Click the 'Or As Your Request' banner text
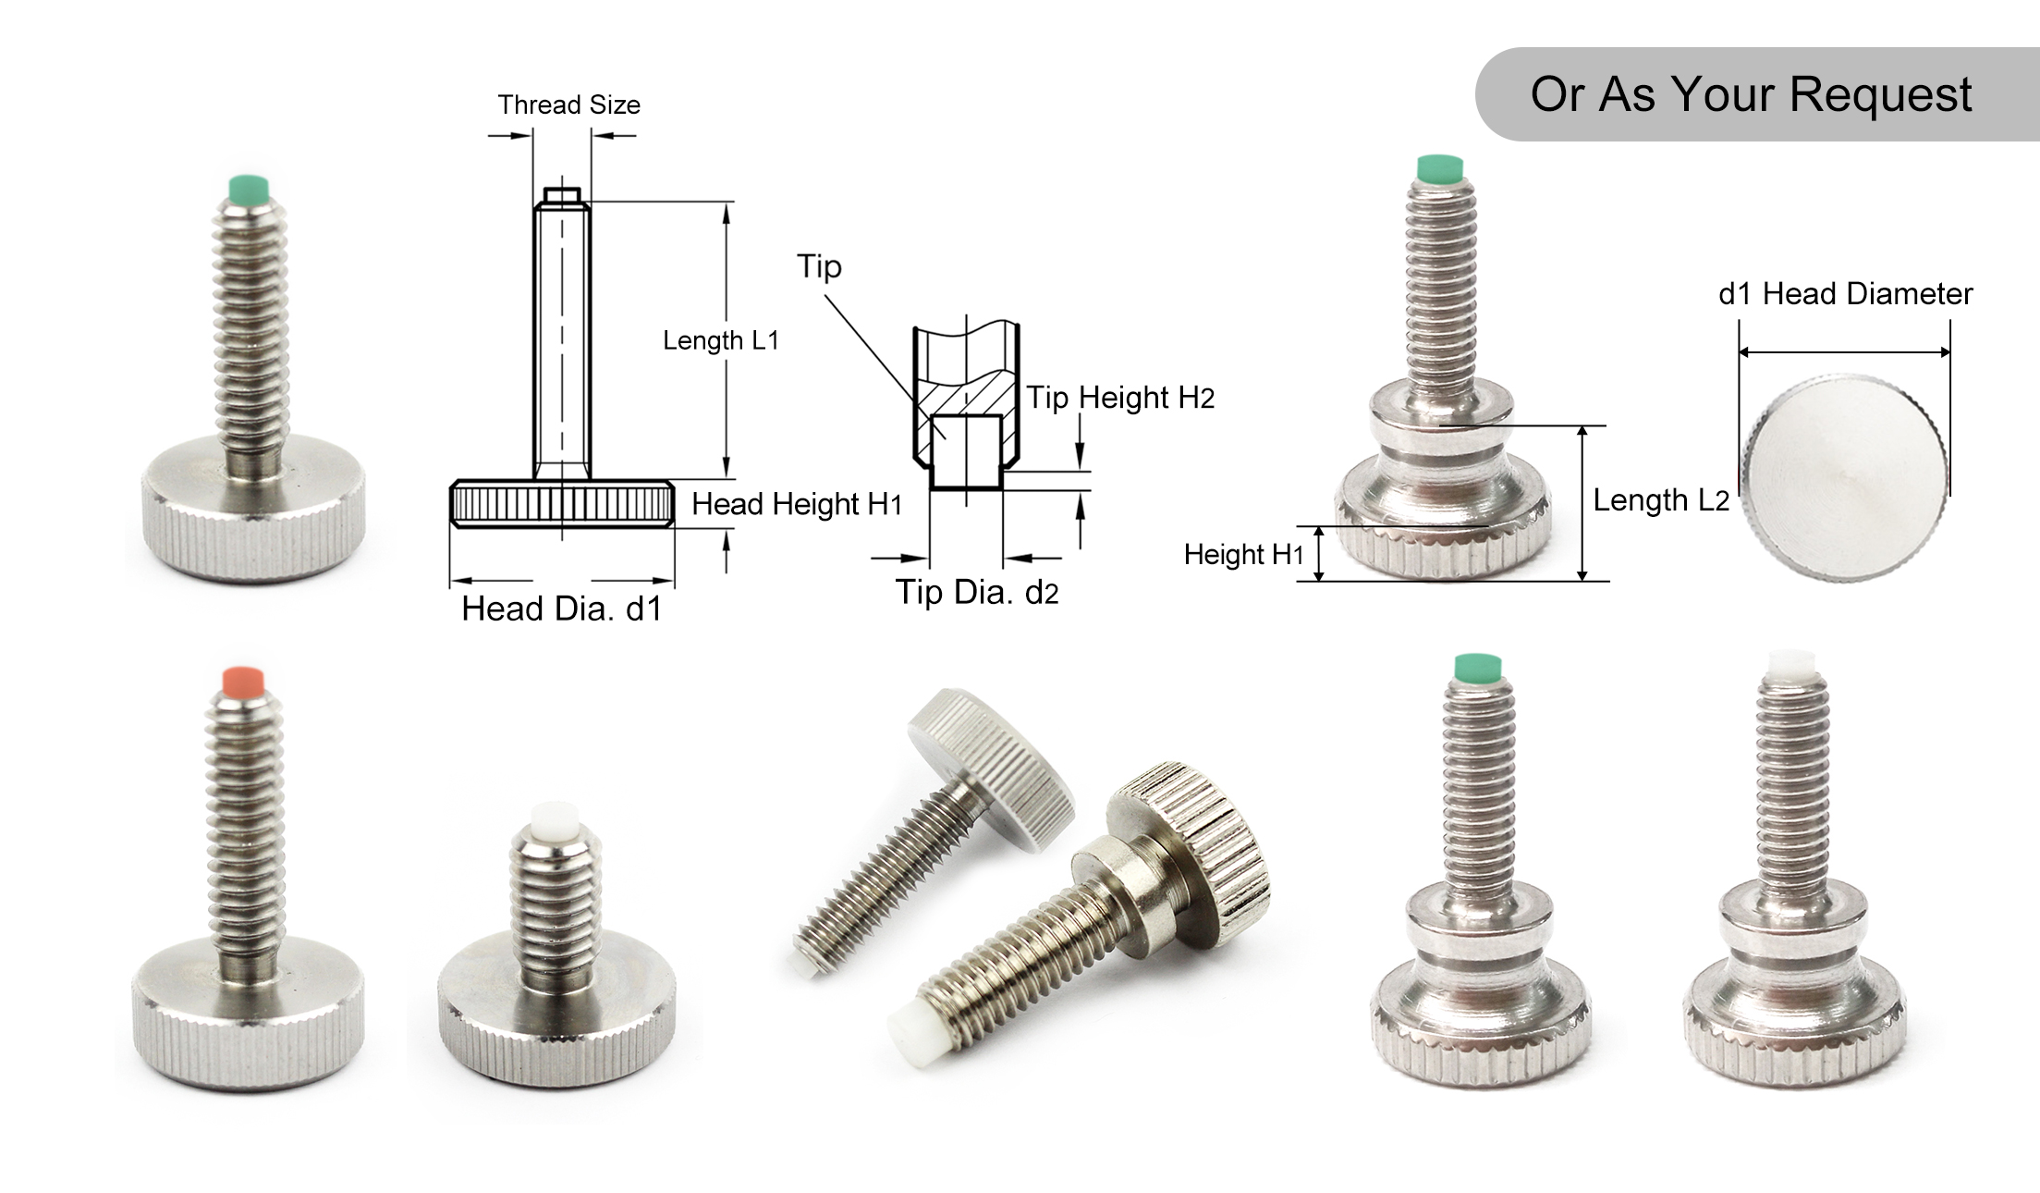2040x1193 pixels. [1750, 94]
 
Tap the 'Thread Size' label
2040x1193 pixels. [568, 105]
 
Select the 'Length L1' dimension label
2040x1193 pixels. [720, 340]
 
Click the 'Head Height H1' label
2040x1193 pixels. [796, 504]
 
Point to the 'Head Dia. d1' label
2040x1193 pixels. [561, 609]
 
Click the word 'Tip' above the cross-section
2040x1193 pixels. [819, 266]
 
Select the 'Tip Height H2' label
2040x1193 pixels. [1120, 398]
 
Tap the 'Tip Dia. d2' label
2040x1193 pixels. [976, 592]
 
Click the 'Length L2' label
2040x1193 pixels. [1660, 500]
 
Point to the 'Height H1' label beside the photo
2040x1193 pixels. [1243, 555]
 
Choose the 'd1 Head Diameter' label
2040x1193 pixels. [1845, 294]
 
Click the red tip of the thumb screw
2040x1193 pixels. [244, 680]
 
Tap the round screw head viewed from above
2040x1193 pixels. [1845, 478]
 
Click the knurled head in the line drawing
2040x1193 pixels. [562, 504]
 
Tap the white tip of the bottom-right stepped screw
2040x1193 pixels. [1791, 662]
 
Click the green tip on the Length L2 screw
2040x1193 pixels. [1440, 167]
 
